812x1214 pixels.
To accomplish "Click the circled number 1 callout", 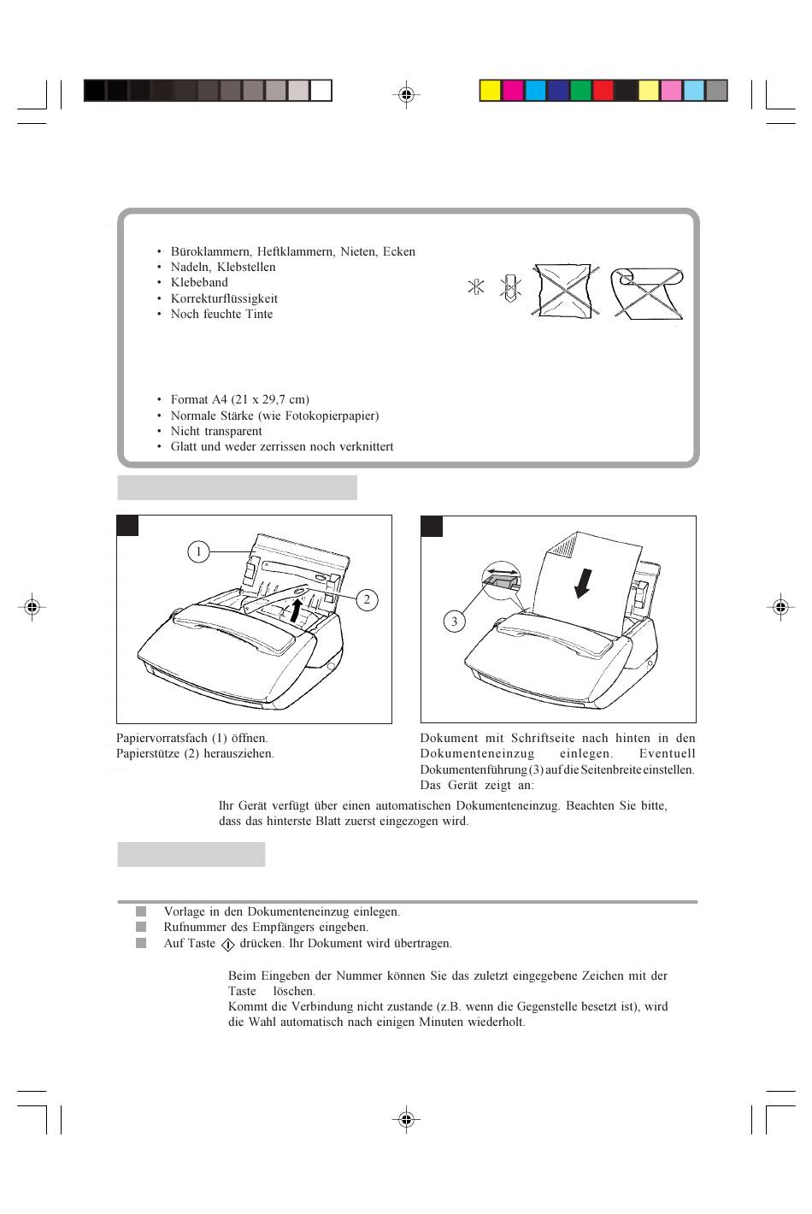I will point(198,552).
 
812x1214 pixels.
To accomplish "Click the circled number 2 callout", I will point(367,600).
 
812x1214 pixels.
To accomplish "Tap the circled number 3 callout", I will point(454,622).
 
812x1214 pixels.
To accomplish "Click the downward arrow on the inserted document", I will point(584,584).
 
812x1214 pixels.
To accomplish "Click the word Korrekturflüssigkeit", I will point(224,298).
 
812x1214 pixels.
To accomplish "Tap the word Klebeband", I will point(199,282).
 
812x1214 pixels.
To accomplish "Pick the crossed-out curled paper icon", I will point(648,291).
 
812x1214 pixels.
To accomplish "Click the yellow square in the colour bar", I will point(490,91).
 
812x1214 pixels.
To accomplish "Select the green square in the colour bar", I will point(581,91).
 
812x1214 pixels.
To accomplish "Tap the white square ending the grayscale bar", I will point(321,91).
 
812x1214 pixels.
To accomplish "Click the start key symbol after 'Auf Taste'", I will point(227,945).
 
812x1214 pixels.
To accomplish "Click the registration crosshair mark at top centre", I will point(406,95).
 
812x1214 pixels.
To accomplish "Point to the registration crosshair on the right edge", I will point(780,608).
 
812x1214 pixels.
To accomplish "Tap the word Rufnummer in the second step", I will point(192,927).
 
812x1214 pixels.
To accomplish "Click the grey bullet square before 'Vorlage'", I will point(141,911).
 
